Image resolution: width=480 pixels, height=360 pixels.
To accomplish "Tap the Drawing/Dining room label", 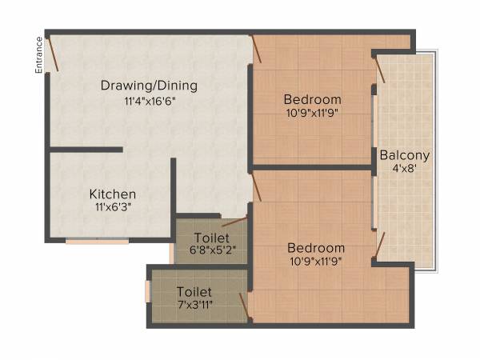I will (x=149, y=86).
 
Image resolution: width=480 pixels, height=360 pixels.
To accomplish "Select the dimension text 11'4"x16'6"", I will (x=149, y=101).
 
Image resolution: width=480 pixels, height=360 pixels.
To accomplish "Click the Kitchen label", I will (x=112, y=194).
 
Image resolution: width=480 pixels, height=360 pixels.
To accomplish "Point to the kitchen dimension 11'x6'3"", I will (x=112, y=208).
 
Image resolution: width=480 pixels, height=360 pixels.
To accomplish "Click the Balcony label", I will (x=405, y=155).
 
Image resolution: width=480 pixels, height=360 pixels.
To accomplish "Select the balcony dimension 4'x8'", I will (x=405, y=170).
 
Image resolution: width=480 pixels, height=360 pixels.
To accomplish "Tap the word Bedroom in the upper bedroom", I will (x=313, y=100).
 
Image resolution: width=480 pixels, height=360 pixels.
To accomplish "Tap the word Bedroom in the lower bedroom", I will (x=317, y=248).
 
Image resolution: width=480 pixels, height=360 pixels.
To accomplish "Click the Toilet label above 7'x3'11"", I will (x=194, y=292).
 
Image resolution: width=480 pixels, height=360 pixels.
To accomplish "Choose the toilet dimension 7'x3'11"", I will (x=194, y=305).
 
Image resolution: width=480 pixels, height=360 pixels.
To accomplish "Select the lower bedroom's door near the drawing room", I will (x=258, y=189).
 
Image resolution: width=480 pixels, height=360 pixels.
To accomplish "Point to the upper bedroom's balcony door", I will (x=380, y=68).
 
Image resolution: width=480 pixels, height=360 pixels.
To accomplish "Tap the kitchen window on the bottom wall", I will (x=97, y=241).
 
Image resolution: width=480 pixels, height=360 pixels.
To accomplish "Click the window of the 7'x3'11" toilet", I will (x=147, y=290).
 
